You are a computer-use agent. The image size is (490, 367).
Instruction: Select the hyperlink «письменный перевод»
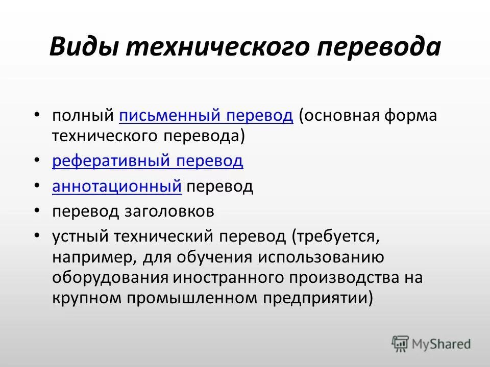[206, 116]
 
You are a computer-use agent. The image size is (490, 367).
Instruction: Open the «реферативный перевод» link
[148, 162]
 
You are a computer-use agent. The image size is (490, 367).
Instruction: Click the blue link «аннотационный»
[117, 187]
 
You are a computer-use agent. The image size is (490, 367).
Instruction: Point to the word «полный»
[83, 116]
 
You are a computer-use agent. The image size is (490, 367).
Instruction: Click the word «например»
[92, 257]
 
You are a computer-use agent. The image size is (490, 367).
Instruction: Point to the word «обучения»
[214, 257]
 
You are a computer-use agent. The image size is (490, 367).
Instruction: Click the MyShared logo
[431, 344]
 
